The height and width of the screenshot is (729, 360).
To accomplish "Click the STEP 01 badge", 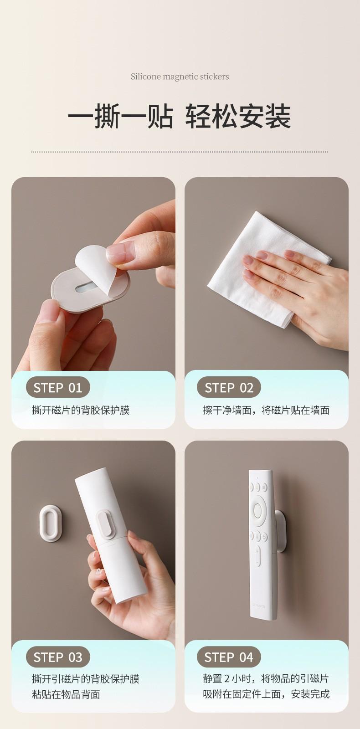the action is click(58, 387).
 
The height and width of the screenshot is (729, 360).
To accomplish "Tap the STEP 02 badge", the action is click(229, 387).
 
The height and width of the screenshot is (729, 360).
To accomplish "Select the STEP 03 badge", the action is click(58, 657).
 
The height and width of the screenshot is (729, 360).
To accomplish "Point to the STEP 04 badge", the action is click(229, 657).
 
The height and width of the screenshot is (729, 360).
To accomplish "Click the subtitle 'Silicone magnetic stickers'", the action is click(180, 77).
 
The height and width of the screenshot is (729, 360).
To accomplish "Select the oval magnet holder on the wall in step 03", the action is click(51, 524).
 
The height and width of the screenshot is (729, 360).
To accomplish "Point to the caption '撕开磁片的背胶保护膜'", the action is click(81, 410).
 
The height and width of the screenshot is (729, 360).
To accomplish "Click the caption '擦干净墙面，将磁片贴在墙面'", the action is click(266, 410).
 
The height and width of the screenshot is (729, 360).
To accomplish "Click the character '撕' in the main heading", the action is click(107, 116).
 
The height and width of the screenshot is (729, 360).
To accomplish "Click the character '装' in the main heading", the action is click(278, 116).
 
